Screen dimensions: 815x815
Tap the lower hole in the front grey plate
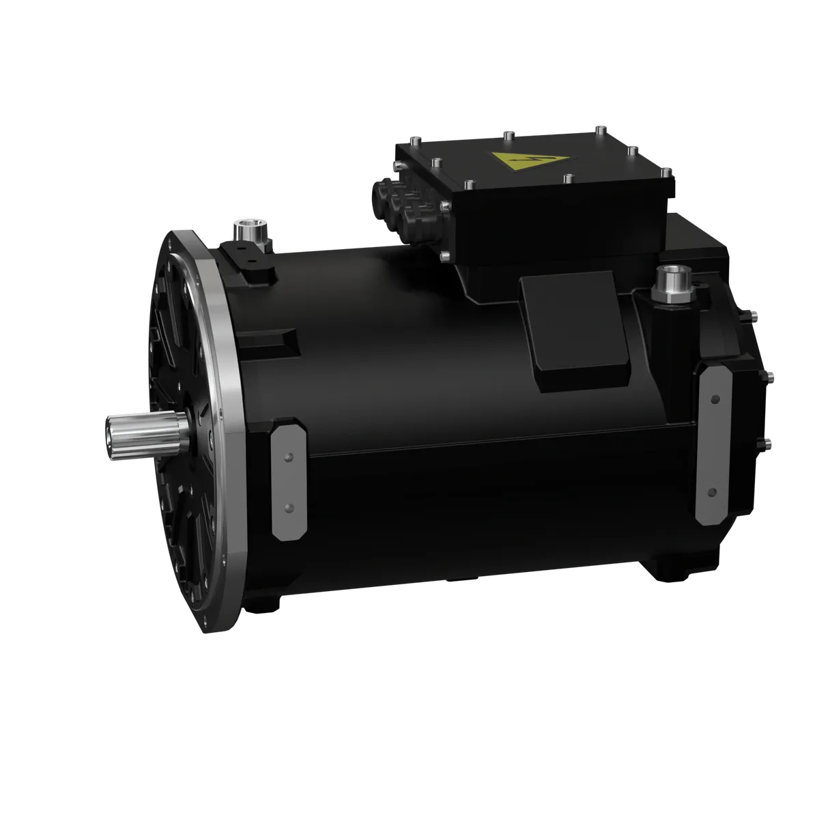click(288, 507)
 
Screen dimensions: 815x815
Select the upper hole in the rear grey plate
click(714, 397)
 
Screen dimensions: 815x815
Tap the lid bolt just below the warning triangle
click(567, 178)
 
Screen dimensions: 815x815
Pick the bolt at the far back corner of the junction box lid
click(599, 127)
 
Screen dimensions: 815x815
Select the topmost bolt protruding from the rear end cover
click(754, 315)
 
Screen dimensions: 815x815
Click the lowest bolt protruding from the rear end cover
click(769, 444)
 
